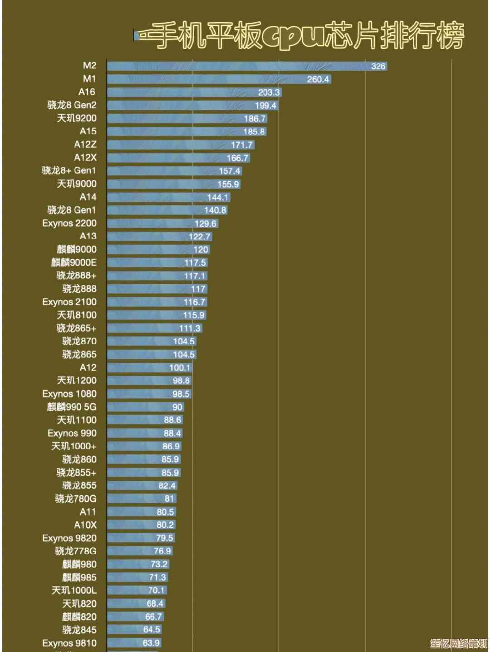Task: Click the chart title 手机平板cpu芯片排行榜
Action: pos(302,35)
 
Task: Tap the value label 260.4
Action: pos(318,79)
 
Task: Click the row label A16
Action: pos(87,92)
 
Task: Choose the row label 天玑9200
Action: pos(77,118)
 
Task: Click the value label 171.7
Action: pos(241,145)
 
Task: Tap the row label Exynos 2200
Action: pos(69,223)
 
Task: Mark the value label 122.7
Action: pos(200,237)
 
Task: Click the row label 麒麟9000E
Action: pos(74,262)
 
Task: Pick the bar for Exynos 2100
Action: pos(157,302)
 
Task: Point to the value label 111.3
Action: pos(190,328)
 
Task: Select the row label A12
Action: pos(88,367)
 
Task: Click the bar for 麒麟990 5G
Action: pos(145,407)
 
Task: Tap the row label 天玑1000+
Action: pos(74,446)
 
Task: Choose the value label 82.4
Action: pos(167,486)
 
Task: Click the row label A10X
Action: pos(85,525)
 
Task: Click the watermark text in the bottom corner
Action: pos(458,643)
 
